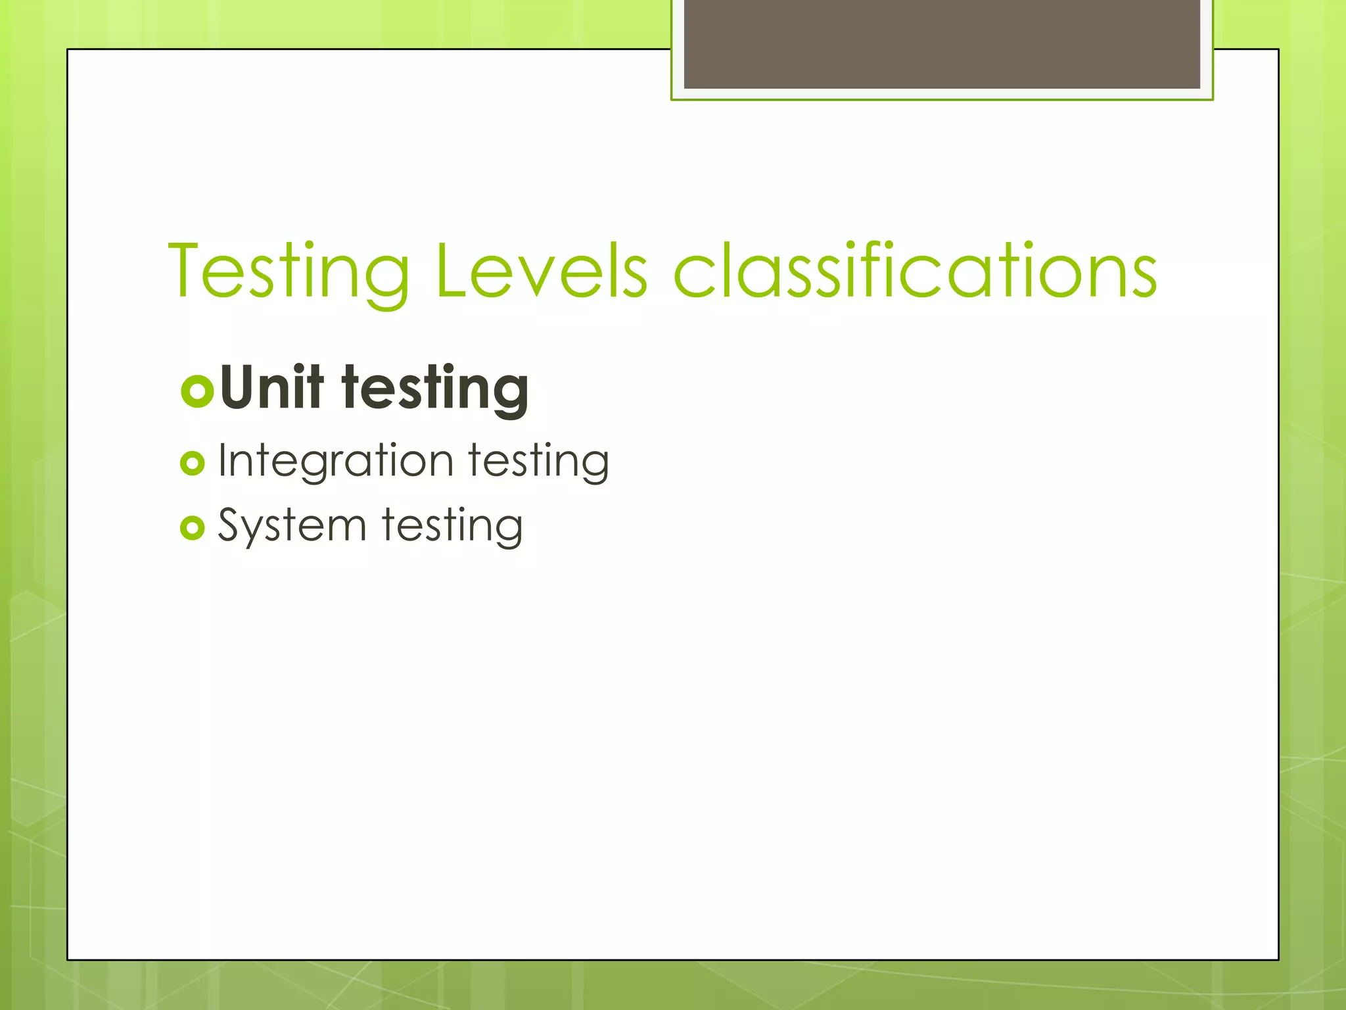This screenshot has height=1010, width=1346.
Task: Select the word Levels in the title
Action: tap(540, 271)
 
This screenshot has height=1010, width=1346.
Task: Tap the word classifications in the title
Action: tap(915, 271)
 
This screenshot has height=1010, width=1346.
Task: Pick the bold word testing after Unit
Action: tap(435, 389)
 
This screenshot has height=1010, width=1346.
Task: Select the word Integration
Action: tap(335, 462)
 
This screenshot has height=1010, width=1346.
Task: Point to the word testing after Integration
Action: tap(539, 462)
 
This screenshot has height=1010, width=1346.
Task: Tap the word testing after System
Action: tap(452, 527)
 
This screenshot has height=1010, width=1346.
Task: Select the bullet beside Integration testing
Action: tap(193, 464)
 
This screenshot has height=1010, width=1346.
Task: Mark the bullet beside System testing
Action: tap(193, 528)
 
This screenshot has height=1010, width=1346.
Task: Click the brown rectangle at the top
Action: tap(942, 43)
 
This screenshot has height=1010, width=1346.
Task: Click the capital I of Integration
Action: tap(223, 459)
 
